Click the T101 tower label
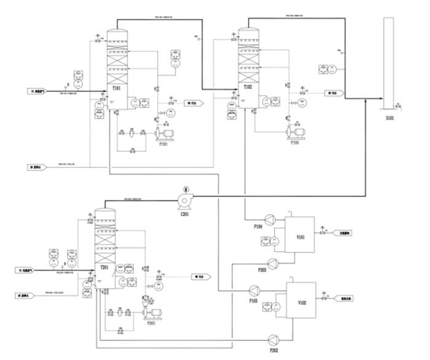tap(116, 88)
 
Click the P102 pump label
tap(295, 143)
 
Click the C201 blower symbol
tap(184, 199)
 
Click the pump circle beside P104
tap(270, 219)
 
